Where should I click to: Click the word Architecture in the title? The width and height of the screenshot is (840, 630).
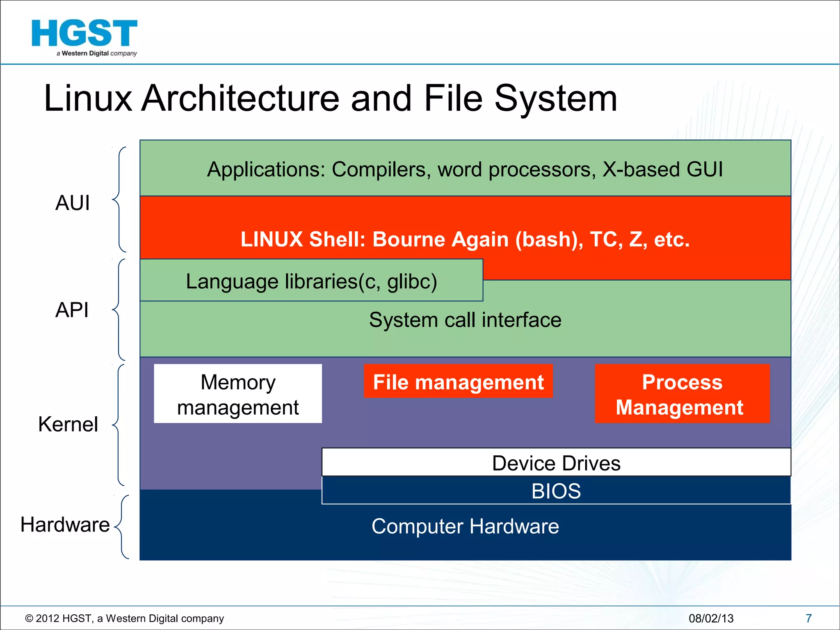click(240, 98)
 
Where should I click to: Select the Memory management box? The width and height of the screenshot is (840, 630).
click(238, 394)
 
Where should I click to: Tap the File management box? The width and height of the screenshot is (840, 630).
click(458, 381)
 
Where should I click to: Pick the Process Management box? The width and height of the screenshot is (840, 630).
click(682, 394)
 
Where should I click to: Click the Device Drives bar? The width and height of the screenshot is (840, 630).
click(556, 463)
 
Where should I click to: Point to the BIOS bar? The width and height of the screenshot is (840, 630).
click(556, 491)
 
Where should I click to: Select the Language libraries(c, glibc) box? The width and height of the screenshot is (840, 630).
click(311, 281)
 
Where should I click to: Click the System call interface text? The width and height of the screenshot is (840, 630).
click(465, 320)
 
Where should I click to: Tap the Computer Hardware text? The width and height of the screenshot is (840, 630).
click(465, 526)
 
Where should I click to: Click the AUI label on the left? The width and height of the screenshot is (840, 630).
click(73, 203)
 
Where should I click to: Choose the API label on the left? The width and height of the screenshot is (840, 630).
click(72, 310)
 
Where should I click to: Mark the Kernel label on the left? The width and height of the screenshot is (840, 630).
click(68, 424)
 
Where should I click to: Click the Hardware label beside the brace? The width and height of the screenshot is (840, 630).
click(65, 525)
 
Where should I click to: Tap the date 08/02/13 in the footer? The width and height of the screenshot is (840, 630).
click(711, 618)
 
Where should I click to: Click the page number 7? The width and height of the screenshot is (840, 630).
click(808, 618)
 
